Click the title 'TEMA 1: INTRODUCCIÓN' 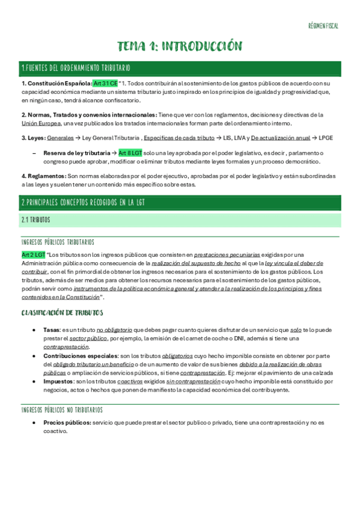[x=179, y=46]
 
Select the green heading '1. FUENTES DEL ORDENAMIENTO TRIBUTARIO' [x=75, y=68]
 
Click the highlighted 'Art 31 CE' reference [x=105, y=83]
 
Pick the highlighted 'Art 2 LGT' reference [x=33, y=254]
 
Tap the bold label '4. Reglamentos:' [x=43, y=176]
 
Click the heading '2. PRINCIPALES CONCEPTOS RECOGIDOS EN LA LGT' [x=83, y=203]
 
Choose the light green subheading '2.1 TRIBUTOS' [x=36, y=220]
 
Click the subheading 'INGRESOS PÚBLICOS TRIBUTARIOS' [x=58, y=242]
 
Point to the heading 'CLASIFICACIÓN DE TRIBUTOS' [x=62, y=313]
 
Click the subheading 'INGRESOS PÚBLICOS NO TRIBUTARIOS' [x=62, y=410]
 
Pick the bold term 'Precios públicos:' [x=67, y=422]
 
